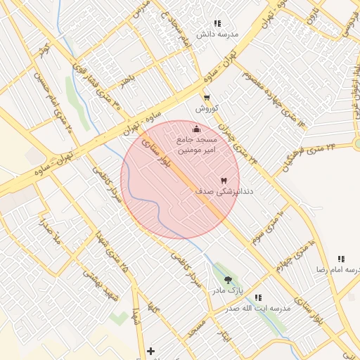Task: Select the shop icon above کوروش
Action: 206,98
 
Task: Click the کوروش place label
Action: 208,109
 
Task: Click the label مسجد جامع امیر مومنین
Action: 200,145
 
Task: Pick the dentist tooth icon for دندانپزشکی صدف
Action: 224,180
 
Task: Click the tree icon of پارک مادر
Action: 227,280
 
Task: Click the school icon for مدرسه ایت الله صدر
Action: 258,297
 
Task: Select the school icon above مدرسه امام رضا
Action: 341,259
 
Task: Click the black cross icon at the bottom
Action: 150,350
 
